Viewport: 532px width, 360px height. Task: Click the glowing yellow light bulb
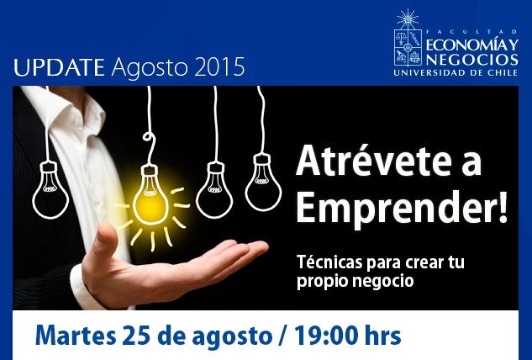(150, 197)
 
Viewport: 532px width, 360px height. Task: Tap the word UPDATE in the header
(59, 67)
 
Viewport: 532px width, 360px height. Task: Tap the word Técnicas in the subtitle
(329, 262)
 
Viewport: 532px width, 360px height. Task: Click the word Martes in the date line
(76, 336)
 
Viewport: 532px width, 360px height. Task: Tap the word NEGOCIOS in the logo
(472, 59)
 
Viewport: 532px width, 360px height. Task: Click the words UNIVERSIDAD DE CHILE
(456, 72)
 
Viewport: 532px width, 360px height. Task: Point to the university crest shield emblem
(408, 47)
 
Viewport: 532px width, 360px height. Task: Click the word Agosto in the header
(150, 68)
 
